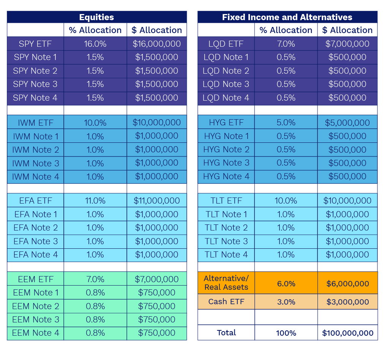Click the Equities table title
click(x=96, y=17)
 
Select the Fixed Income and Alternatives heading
click(x=287, y=17)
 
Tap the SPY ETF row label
click(x=35, y=44)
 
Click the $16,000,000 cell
click(x=156, y=44)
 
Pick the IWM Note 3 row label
click(x=35, y=163)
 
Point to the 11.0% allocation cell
click(x=95, y=201)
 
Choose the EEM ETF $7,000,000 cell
click(x=156, y=279)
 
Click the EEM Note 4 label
click(x=35, y=333)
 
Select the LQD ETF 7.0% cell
click(x=286, y=44)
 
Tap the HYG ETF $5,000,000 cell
click(x=347, y=123)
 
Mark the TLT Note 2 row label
click(x=226, y=228)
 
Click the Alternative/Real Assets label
click(x=226, y=283)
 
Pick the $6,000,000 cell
click(x=347, y=284)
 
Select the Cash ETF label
click(x=226, y=302)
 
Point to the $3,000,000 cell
click(x=347, y=302)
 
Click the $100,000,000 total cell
click(x=347, y=333)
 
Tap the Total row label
click(x=226, y=333)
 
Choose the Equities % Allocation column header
click(x=95, y=30)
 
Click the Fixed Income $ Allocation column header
click(x=347, y=30)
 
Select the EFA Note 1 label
click(x=35, y=214)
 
